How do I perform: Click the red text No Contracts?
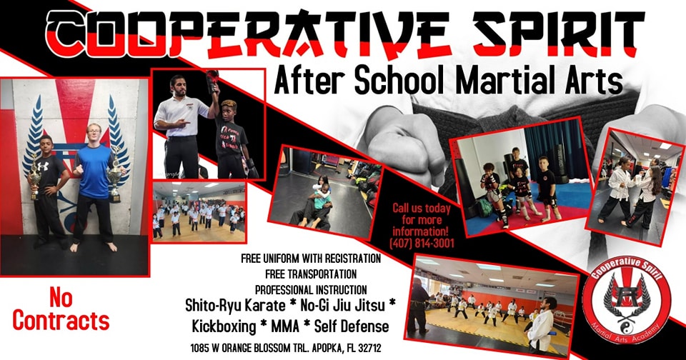(61, 310)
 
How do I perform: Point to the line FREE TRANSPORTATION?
(311, 274)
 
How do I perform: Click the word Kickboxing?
(224, 326)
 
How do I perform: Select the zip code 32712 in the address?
(369, 349)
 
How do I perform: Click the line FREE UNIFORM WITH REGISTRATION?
(311, 259)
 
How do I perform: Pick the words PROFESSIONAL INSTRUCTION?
(311, 289)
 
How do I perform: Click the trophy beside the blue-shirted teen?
(115, 177)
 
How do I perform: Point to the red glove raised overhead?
(213, 79)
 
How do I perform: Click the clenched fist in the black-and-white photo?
(400, 144)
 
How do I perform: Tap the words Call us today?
(422, 208)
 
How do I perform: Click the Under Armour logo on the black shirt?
(42, 166)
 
